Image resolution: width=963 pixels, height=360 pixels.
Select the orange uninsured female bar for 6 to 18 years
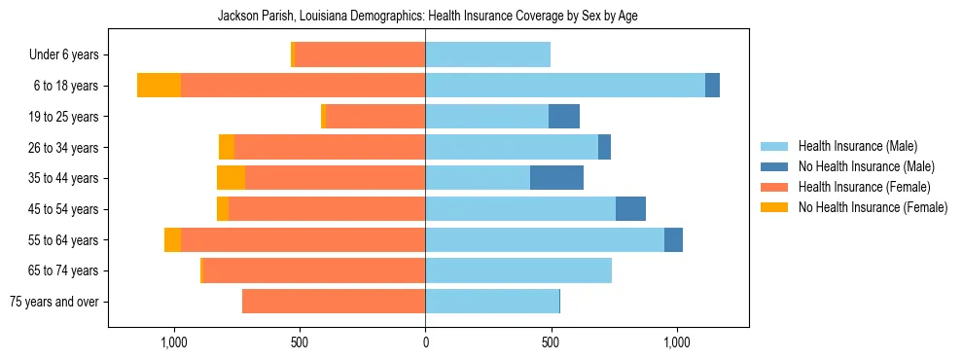[x=159, y=86]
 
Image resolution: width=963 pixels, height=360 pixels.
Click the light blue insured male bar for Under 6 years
[x=487, y=54]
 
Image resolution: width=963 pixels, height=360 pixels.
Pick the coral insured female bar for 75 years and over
[x=334, y=302]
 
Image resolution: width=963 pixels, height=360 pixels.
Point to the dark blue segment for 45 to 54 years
[x=630, y=209]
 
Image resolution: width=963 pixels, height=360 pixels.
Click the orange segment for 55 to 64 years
[x=172, y=240]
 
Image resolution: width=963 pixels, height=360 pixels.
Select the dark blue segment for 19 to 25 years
[x=564, y=117]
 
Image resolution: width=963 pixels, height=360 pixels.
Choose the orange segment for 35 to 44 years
[x=231, y=178]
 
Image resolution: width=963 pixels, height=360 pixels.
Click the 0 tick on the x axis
[x=425, y=342]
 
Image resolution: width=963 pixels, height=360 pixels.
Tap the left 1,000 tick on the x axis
[x=173, y=342]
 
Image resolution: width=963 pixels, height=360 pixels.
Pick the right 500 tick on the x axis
[x=551, y=342]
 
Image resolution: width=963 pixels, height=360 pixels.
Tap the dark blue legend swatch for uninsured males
[x=774, y=166]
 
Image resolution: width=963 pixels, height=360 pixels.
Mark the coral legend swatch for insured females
[x=774, y=187]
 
